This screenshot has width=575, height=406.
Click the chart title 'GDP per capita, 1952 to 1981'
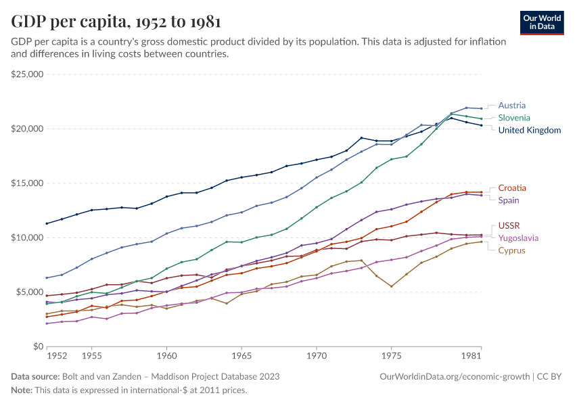(x=116, y=22)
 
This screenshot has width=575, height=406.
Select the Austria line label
(x=511, y=106)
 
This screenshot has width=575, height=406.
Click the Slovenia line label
(x=514, y=118)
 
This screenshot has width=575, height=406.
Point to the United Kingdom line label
(x=530, y=130)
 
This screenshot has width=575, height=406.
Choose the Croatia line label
(x=512, y=188)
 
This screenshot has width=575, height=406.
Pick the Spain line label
(x=509, y=200)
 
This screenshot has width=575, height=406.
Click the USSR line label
(x=509, y=225)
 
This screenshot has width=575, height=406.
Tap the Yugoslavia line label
(x=518, y=238)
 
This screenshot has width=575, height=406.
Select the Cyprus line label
(x=511, y=251)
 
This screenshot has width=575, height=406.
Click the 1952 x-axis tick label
(x=56, y=355)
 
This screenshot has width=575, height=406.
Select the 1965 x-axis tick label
(x=241, y=355)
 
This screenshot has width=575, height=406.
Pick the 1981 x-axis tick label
(x=471, y=355)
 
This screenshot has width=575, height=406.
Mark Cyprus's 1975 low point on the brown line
(x=391, y=286)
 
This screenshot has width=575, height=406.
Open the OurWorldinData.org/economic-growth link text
(x=455, y=376)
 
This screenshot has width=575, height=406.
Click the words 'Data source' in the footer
(x=34, y=376)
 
